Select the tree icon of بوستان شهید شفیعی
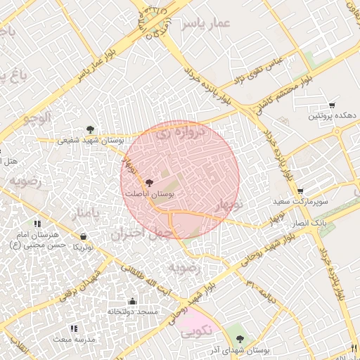90,129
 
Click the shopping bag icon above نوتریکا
84,237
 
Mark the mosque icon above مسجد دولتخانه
132,300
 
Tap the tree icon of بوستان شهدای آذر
240,340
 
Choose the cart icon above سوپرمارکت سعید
301,191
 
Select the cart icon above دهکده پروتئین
332,105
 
